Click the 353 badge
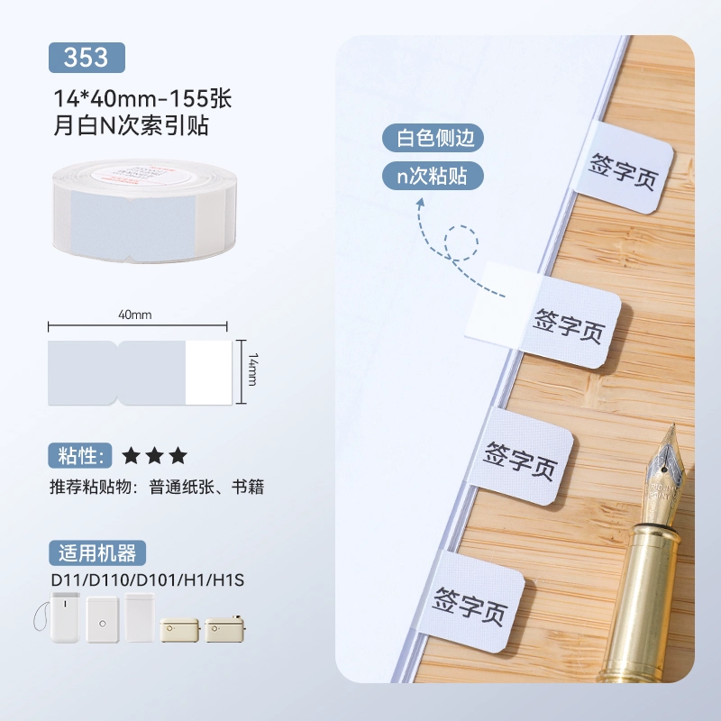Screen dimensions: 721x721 [87, 58]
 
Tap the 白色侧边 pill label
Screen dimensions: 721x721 [433, 138]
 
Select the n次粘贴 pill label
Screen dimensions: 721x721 [433, 176]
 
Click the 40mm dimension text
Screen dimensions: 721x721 [134, 315]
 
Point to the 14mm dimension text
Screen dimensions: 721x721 [252, 370]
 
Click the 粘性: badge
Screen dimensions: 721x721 [80, 456]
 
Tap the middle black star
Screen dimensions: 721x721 [154, 456]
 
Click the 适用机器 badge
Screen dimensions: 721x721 [97, 552]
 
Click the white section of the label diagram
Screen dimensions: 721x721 [208, 372]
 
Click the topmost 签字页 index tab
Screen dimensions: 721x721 [624, 167]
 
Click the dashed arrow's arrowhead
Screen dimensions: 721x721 [420, 204]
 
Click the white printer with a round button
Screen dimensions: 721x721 [103, 619]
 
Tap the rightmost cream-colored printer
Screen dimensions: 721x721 [224, 628]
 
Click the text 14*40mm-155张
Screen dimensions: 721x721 [142, 98]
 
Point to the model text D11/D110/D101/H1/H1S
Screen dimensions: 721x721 [147, 580]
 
